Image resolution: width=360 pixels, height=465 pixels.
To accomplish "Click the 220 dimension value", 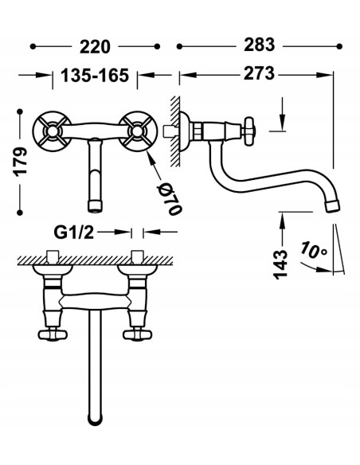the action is pos(95,47).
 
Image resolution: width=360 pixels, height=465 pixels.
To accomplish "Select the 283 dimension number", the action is pos(260,45).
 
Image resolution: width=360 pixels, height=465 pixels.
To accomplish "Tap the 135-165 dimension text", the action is pos(95,76).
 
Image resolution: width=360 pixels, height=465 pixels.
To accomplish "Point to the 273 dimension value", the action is pos(259,73).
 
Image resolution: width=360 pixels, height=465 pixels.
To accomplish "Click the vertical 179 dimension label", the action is pos(21,162).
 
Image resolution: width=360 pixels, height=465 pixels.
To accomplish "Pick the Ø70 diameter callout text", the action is pos(170,198).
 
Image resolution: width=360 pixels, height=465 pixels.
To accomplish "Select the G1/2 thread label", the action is pos(74,232).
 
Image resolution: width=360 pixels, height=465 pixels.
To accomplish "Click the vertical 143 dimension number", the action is pos(280,264).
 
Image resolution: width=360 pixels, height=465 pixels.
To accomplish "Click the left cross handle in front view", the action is pos(52,131).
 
